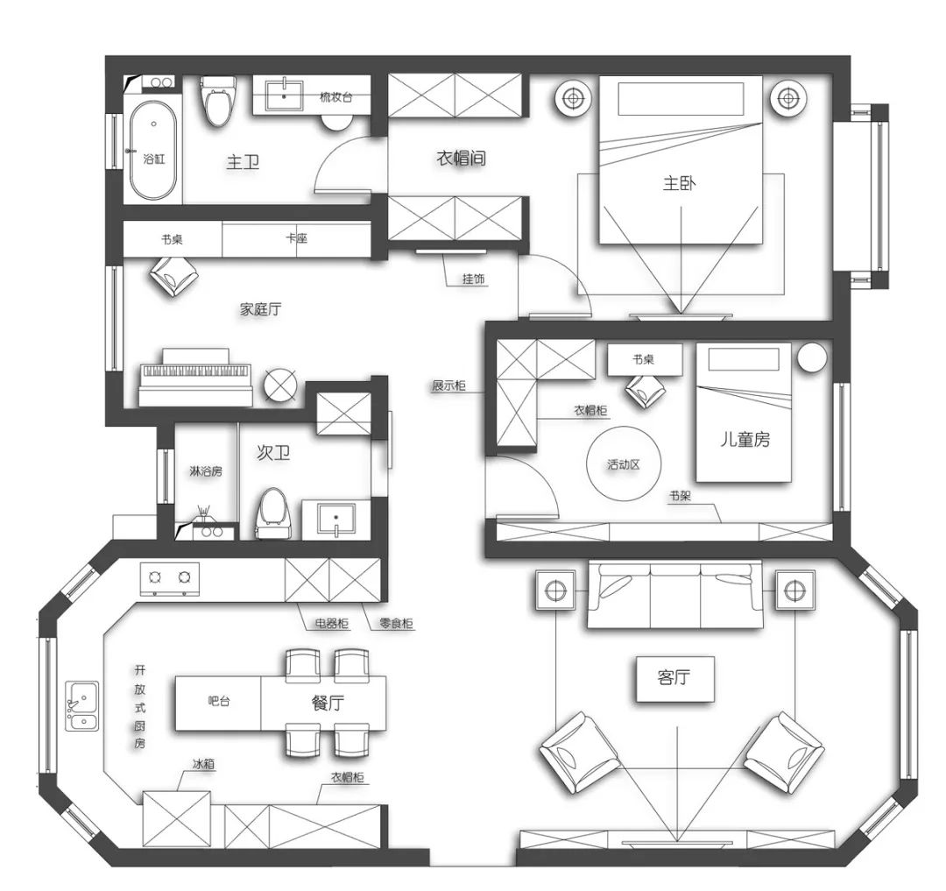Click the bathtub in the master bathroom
click(154, 150)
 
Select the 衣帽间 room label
click(461, 159)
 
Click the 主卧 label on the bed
click(680, 183)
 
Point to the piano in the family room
click(195, 377)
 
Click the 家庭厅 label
click(261, 309)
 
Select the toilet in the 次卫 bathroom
click(272, 513)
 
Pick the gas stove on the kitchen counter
click(170, 578)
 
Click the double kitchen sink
click(82, 706)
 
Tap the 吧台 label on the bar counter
click(218, 701)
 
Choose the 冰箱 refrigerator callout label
click(203, 764)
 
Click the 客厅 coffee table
click(675, 679)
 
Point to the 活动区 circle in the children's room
click(624, 464)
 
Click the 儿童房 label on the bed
click(745, 439)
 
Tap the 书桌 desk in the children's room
click(645, 360)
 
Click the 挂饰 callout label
click(474, 279)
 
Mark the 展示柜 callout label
click(448, 385)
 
